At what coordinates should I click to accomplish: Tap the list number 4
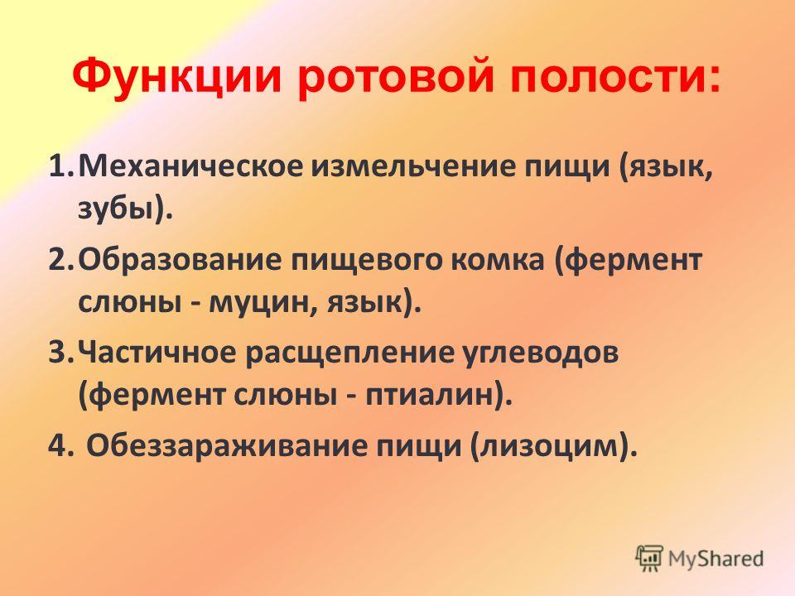pyautogui.click(x=58, y=446)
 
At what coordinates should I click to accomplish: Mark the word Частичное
pyautogui.click(x=157, y=353)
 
